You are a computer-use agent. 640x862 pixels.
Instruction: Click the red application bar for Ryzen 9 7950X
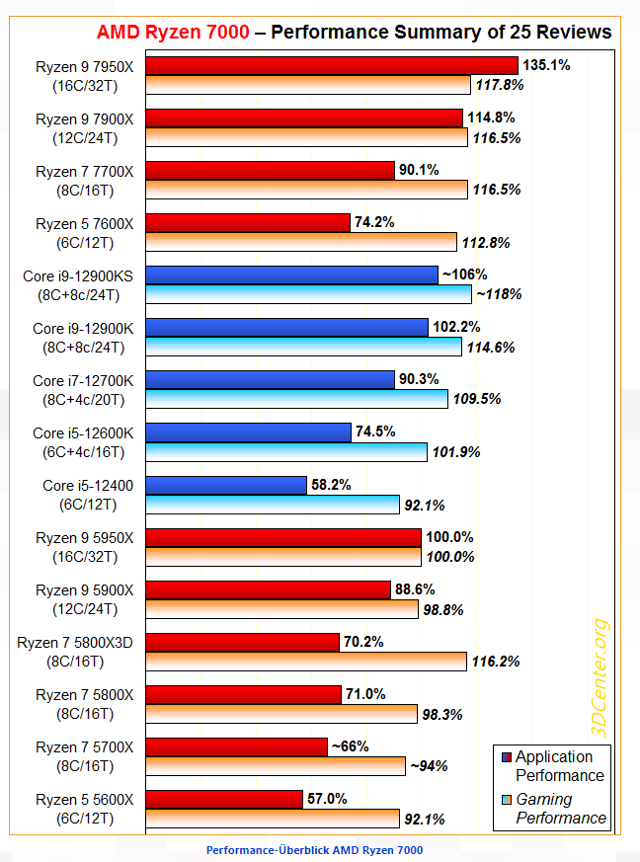pos(333,65)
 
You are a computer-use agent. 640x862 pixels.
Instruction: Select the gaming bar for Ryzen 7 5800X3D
pos(307,661)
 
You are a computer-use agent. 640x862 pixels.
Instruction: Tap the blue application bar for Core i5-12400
pos(227,485)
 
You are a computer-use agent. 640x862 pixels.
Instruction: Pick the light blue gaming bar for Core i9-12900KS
pos(309,293)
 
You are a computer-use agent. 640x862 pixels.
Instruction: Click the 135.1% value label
pos(546,65)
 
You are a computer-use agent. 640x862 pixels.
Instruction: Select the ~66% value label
pos(353,746)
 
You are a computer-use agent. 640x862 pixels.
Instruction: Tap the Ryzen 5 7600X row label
pos(91,233)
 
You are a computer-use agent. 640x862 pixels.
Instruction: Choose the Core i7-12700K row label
pos(89,390)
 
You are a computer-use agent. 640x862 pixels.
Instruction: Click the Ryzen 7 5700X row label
pos(91,756)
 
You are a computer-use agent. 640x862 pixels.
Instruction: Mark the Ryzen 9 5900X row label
pos(91,599)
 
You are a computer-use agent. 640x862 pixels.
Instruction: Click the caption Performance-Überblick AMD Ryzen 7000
pos(314,850)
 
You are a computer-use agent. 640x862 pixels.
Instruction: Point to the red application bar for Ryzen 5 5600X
pos(225,798)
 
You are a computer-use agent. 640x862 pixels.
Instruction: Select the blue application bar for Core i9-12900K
pos(287,327)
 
